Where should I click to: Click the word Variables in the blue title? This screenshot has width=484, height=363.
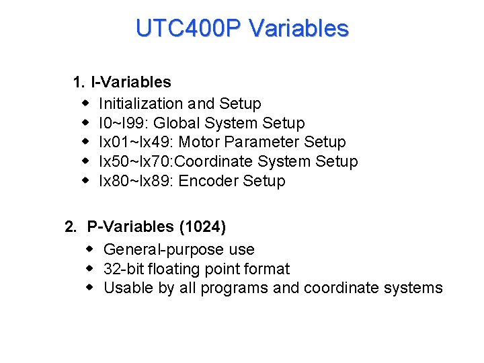tap(298, 28)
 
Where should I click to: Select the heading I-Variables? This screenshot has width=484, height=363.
tap(131, 83)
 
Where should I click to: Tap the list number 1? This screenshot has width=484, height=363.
tap(78, 83)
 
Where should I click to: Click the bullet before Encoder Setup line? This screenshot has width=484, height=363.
tap(86, 181)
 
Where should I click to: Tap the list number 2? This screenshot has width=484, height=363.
tap(70, 227)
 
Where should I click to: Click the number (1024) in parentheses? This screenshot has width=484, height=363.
tap(202, 227)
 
